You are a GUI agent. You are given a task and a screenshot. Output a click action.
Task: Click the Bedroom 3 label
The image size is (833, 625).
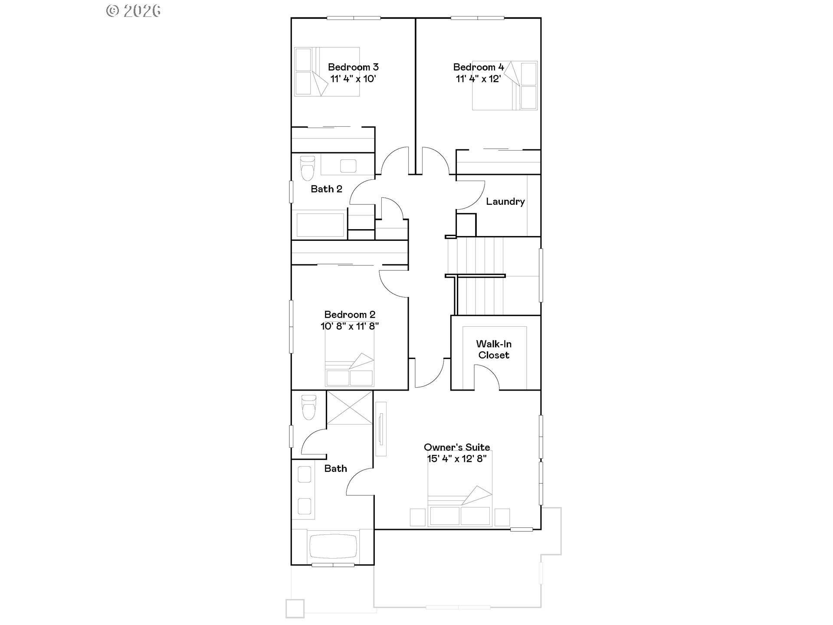[x=353, y=67]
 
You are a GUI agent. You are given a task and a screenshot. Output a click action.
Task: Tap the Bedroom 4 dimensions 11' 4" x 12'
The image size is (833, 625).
[x=479, y=79]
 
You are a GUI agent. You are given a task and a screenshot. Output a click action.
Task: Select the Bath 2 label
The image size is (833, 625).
[x=326, y=189]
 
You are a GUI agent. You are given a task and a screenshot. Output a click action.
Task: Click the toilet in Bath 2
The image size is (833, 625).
[x=307, y=168]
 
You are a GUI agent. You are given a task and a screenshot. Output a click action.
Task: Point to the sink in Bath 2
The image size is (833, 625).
[x=348, y=166]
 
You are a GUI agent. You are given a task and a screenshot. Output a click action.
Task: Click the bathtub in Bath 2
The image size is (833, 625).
[x=321, y=224]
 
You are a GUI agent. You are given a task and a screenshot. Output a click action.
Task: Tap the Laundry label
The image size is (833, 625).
[x=505, y=201]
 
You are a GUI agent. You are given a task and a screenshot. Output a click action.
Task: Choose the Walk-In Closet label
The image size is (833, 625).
[x=494, y=349]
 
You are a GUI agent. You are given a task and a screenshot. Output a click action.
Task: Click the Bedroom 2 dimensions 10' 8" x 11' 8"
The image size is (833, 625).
[x=350, y=326]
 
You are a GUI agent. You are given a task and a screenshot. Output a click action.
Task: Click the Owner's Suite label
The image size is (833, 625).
[x=457, y=447]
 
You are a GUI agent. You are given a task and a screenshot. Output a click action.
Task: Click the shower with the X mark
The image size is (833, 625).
[x=349, y=408]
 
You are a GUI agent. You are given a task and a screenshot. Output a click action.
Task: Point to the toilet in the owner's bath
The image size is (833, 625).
[x=309, y=406]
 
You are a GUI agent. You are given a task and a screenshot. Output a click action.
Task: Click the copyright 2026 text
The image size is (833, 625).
[x=134, y=10]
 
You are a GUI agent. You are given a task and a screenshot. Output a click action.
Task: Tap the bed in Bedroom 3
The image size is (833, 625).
[x=327, y=72]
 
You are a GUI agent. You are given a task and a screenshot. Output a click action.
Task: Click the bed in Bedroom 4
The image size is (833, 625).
[x=505, y=86]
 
